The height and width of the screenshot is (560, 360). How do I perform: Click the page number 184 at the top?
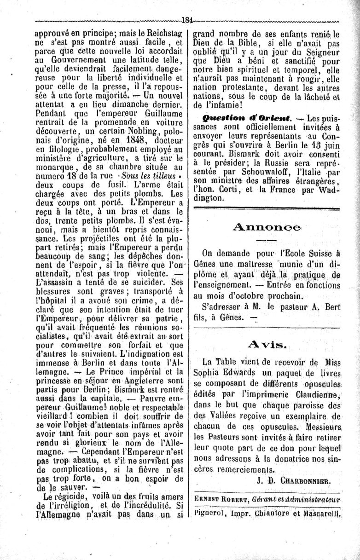click(187, 20)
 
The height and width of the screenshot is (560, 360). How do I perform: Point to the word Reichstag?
click(164, 34)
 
